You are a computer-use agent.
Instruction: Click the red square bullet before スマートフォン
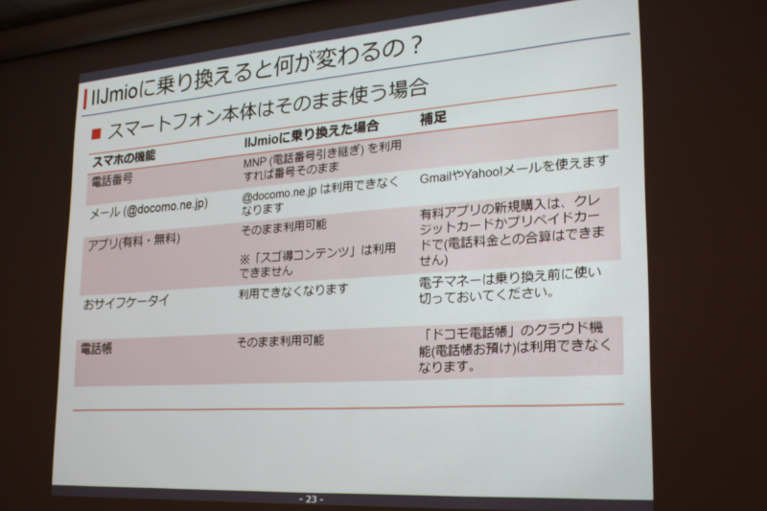tap(96, 133)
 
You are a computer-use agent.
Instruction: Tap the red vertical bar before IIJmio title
tap(85, 100)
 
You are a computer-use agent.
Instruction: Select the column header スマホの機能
tap(124, 157)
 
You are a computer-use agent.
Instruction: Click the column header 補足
tap(433, 119)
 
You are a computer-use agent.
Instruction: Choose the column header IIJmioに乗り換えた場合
tap(311, 132)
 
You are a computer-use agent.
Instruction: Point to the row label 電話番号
tap(112, 180)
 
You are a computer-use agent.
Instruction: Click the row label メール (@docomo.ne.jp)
tap(149, 208)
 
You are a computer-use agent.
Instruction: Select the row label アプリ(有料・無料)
tap(133, 240)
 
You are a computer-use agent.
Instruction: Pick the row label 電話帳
tap(97, 349)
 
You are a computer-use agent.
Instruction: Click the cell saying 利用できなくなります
tap(293, 290)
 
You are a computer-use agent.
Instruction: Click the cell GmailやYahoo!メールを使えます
tap(514, 170)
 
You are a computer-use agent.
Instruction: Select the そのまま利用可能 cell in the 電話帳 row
tap(280, 340)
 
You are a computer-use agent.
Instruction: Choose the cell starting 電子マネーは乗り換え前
tap(510, 286)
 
